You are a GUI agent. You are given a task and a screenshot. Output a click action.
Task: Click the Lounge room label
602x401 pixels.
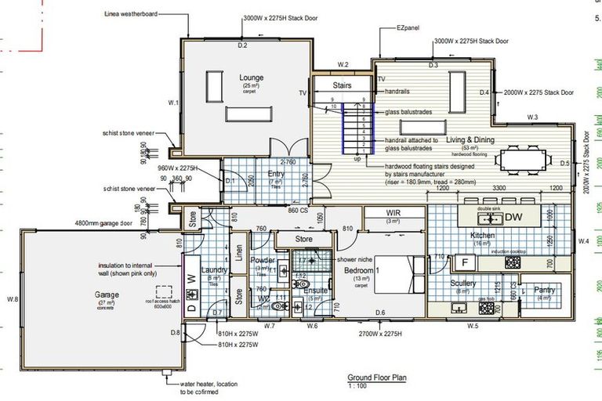click(252, 78)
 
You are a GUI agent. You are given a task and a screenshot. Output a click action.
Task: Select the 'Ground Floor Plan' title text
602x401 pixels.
click(377, 378)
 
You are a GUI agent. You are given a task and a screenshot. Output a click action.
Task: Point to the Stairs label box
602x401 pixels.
click(343, 85)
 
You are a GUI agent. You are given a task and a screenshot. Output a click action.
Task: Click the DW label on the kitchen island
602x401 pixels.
click(513, 217)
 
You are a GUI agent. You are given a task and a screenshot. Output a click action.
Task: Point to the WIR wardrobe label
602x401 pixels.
click(393, 213)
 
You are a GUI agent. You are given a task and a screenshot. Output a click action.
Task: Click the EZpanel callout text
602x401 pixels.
click(409, 27)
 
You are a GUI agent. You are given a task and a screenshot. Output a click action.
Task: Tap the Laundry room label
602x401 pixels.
click(213, 270)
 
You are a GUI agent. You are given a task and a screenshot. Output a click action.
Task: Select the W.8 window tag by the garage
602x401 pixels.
click(12, 299)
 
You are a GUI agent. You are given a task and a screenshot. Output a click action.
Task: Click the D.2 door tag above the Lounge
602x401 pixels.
click(242, 47)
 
